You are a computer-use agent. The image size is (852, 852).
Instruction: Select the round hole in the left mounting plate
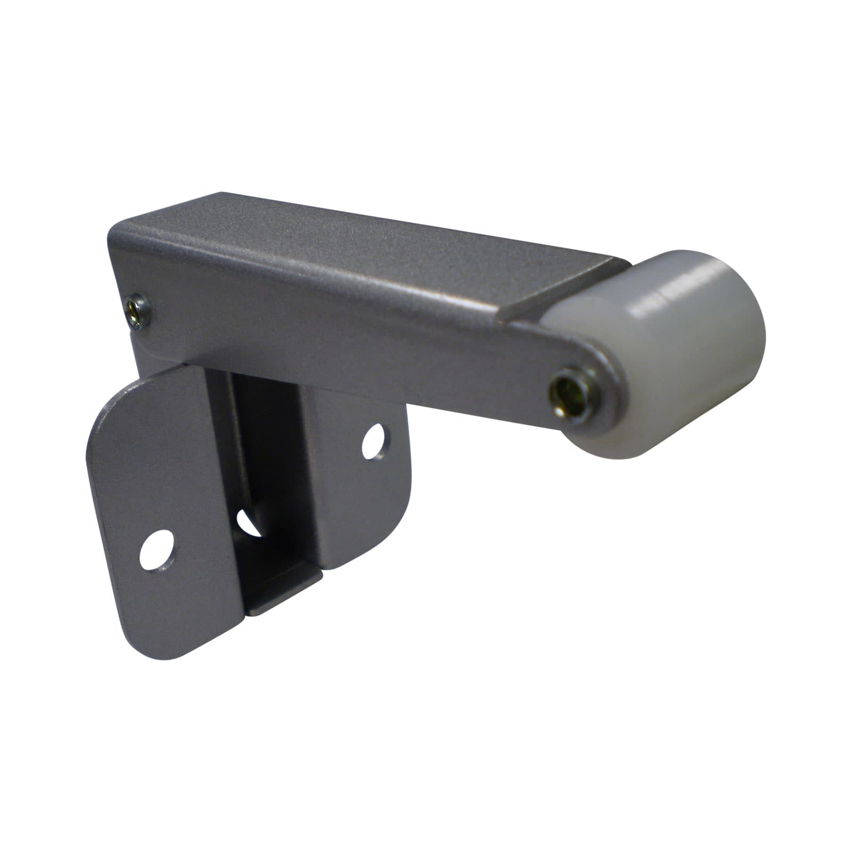[x=158, y=550]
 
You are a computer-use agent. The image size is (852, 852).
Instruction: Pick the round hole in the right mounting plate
[x=375, y=441]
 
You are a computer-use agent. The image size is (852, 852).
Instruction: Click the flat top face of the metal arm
[x=373, y=245]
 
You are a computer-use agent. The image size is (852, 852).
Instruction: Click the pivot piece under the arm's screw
[x=149, y=351]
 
